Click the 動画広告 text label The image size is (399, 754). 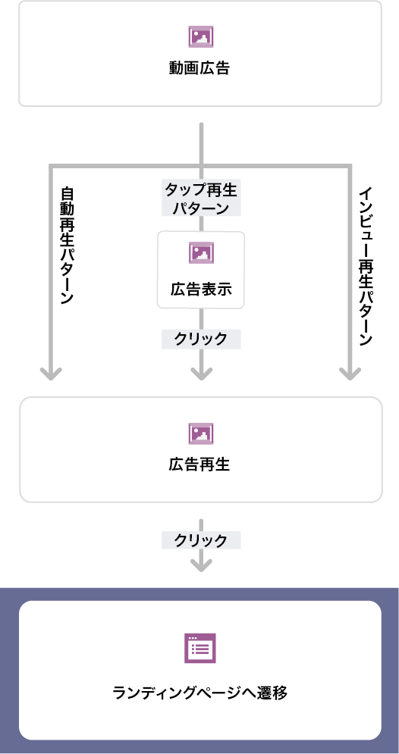tap(199, 69)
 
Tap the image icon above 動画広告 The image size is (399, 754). tap(201, 36)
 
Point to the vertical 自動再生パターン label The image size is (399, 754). tap(67, 245)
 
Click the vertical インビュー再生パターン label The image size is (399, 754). tap(366, 267)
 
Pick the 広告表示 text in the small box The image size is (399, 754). tap(201, 289)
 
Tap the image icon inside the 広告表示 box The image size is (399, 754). tap(201, 253)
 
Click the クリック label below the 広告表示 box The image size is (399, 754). tap(201, 339)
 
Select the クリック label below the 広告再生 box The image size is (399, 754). tap(201, 540)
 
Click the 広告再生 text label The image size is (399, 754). tap(199, 465)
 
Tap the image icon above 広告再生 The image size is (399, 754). tap(201, 433)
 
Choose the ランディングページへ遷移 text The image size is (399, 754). tap(199, 693)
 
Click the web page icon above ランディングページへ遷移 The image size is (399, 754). tap(200, 648)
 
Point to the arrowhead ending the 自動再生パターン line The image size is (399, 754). tap(51, 374)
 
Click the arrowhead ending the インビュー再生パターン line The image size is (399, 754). tap(350, 374)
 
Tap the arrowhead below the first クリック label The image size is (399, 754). tap(201, 374)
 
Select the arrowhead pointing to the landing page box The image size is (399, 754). tap(201, 565)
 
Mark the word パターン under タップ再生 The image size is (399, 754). tap(201, 208)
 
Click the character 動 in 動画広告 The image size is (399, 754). tap(177, 69)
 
